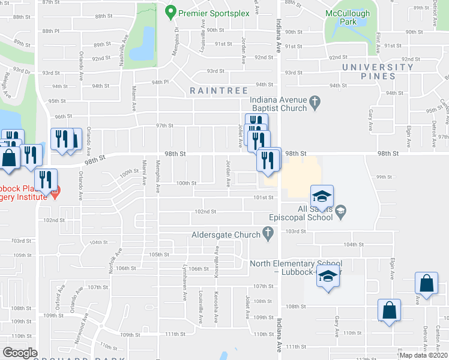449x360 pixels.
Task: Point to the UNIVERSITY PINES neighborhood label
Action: pos(378,71)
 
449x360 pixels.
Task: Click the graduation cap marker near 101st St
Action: pos(322,196)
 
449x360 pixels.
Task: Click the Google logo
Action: pos(20,353)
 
